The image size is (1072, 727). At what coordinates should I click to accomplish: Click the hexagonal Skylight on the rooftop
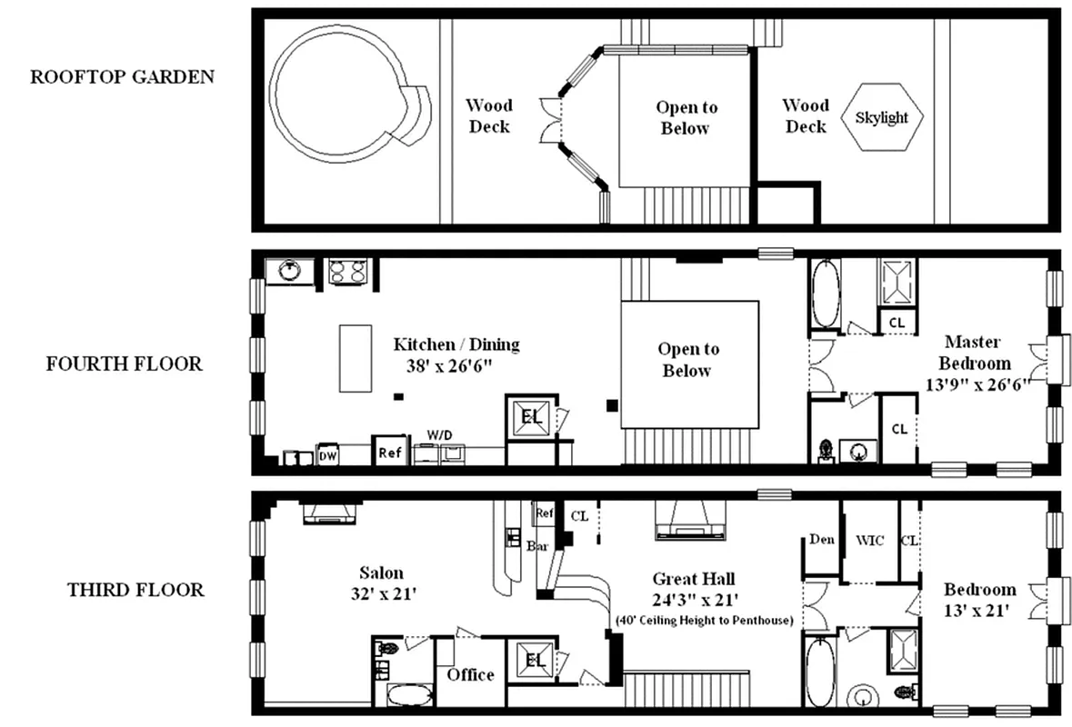coord(882,118)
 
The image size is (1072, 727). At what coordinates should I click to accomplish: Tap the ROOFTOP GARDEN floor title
coord(123,76)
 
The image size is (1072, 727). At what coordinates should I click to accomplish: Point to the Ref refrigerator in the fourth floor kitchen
coord(389,452)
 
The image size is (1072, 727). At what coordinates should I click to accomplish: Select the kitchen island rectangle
coord(355,358)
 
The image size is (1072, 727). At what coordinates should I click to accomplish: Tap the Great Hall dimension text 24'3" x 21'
coord(694,599)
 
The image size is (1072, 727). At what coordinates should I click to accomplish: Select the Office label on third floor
coord(470,674)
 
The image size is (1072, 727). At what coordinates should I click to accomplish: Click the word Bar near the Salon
coord(536,546)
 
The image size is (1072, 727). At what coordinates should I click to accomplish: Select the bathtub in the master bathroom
coord(827,293)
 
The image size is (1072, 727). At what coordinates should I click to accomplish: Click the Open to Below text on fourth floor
coord(687,360)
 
